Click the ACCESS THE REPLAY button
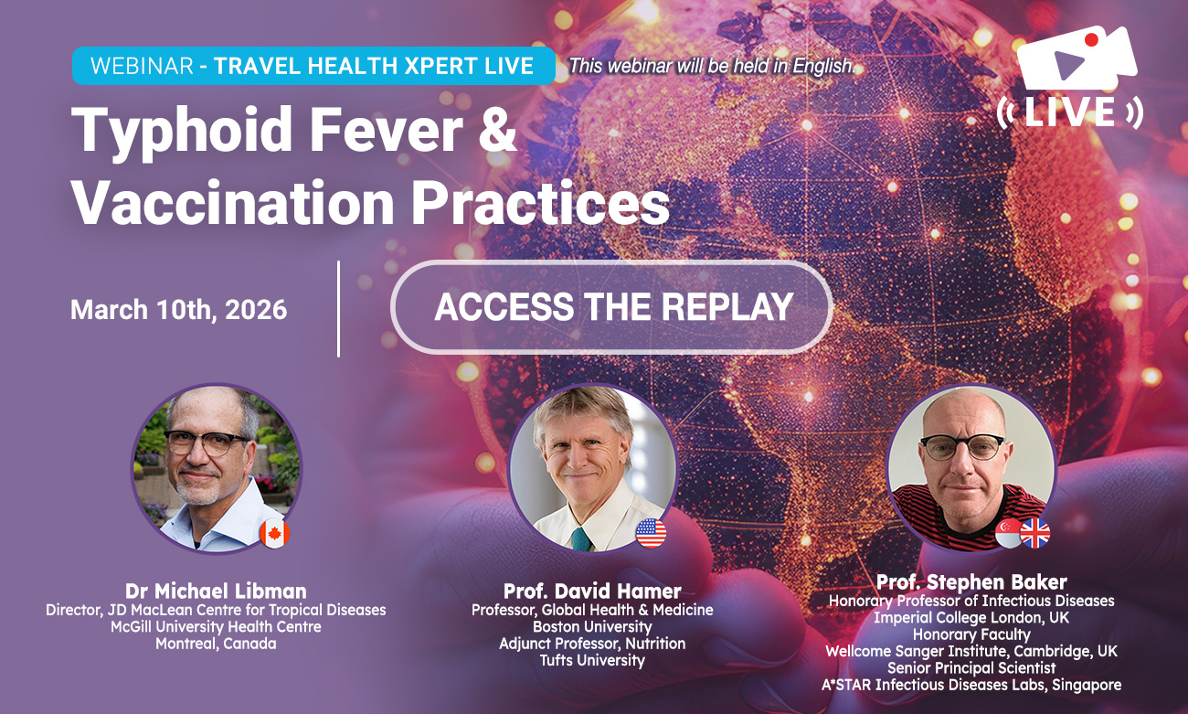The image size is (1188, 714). pos(611,307)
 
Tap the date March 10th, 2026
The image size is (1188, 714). pos(178,309)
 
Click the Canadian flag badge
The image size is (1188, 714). pos(273,533)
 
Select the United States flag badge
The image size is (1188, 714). pos(651,532)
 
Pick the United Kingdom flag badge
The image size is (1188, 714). pos(1034,532)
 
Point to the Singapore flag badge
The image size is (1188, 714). pos(1008,533)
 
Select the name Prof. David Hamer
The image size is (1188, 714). pos(592,590)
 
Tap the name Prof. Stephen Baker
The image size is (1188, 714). pos(971,581)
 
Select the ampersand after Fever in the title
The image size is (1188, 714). pos(497,131)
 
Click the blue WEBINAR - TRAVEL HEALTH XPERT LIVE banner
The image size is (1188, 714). pos(313,66)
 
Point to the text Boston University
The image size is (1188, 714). pos(592,626)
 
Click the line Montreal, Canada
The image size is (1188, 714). pos(216,643)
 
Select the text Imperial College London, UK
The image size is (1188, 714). pos(971,617)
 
